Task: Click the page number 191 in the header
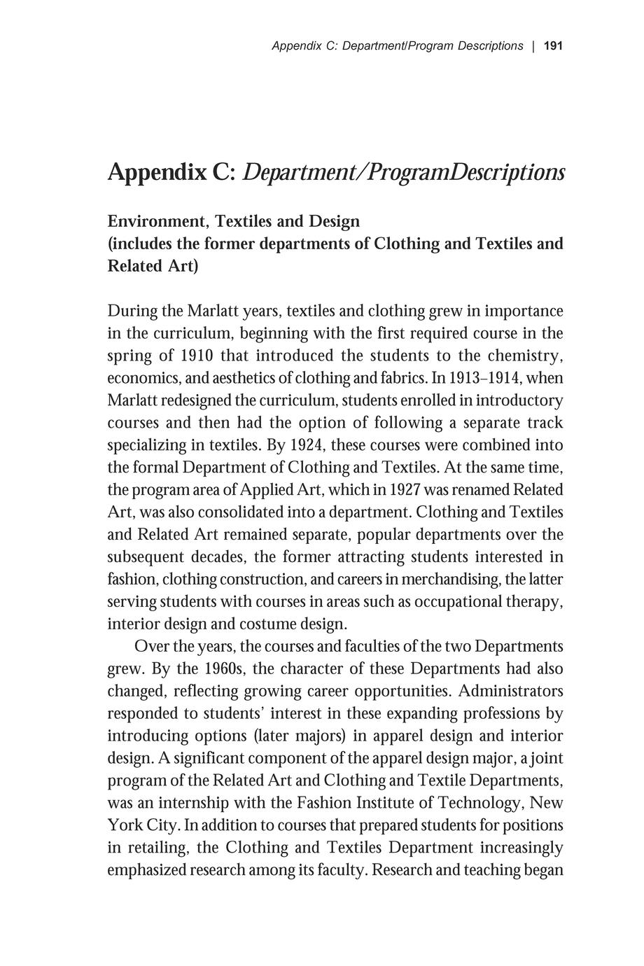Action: pyautogui.click(x=553, y=46)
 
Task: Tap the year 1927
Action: pyautogui.click(x=405, y=490)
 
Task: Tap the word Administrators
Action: pyautogui.click(x=511, y=692)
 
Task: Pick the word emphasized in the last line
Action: pyautogui.click(x=147, y=870)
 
